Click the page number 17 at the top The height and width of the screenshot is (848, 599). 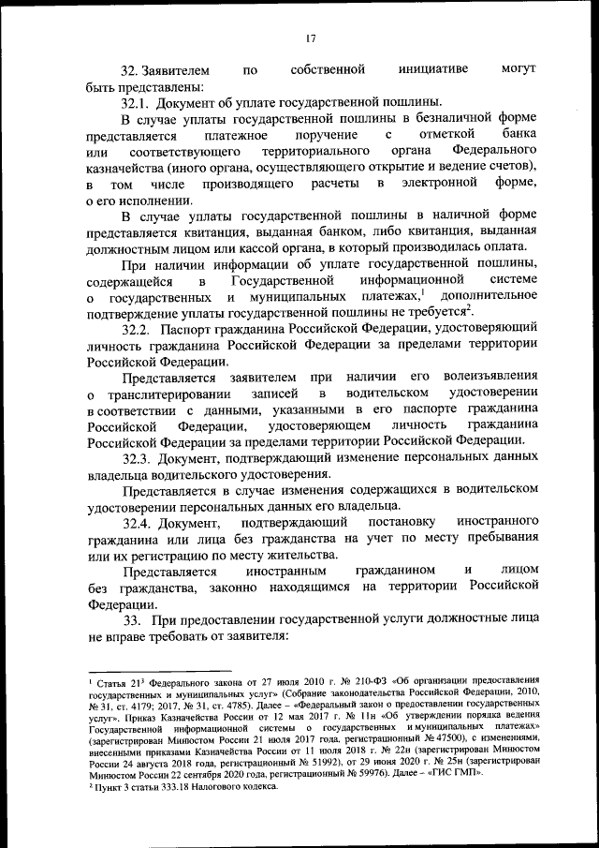310,38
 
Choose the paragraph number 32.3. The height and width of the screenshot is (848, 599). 137,458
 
